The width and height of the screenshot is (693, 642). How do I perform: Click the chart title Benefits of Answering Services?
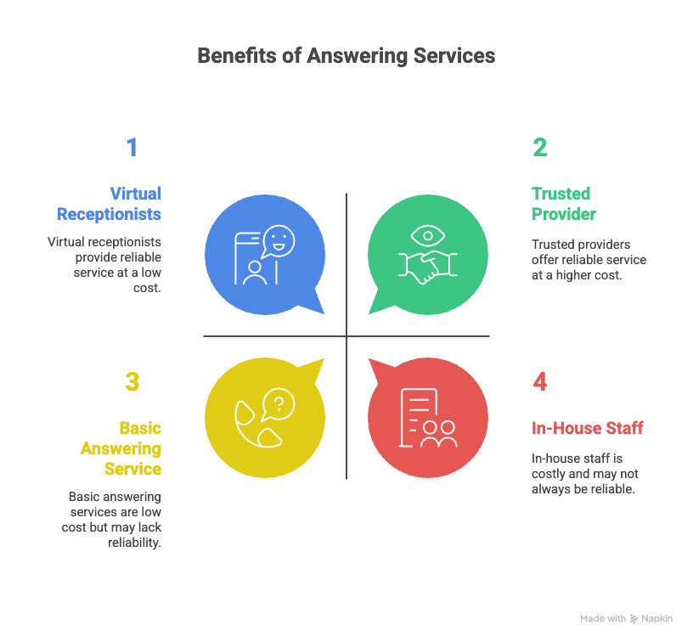click(346, 56)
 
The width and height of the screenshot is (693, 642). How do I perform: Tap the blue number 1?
click(132, 148)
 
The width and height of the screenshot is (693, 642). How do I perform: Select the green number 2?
click(540, 148)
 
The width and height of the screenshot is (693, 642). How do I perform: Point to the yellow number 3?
click(132, 382)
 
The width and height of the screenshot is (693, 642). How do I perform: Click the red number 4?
click(540, 382)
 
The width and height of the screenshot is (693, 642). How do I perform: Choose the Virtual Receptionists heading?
click(109, 204)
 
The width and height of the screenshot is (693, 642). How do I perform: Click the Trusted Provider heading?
click(563, 204)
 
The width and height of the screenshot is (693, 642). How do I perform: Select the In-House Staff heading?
click(587, 428)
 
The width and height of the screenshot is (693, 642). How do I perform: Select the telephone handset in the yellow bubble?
click(255, 425)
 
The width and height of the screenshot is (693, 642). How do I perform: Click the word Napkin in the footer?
click(657, 619)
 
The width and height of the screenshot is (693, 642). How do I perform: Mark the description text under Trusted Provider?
click(589, 259)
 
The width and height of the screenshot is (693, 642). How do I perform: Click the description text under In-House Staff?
click(585, 474)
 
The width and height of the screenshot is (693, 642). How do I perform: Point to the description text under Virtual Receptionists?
click(104, 265)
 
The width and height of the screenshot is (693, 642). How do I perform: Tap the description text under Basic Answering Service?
click(115, 519)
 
